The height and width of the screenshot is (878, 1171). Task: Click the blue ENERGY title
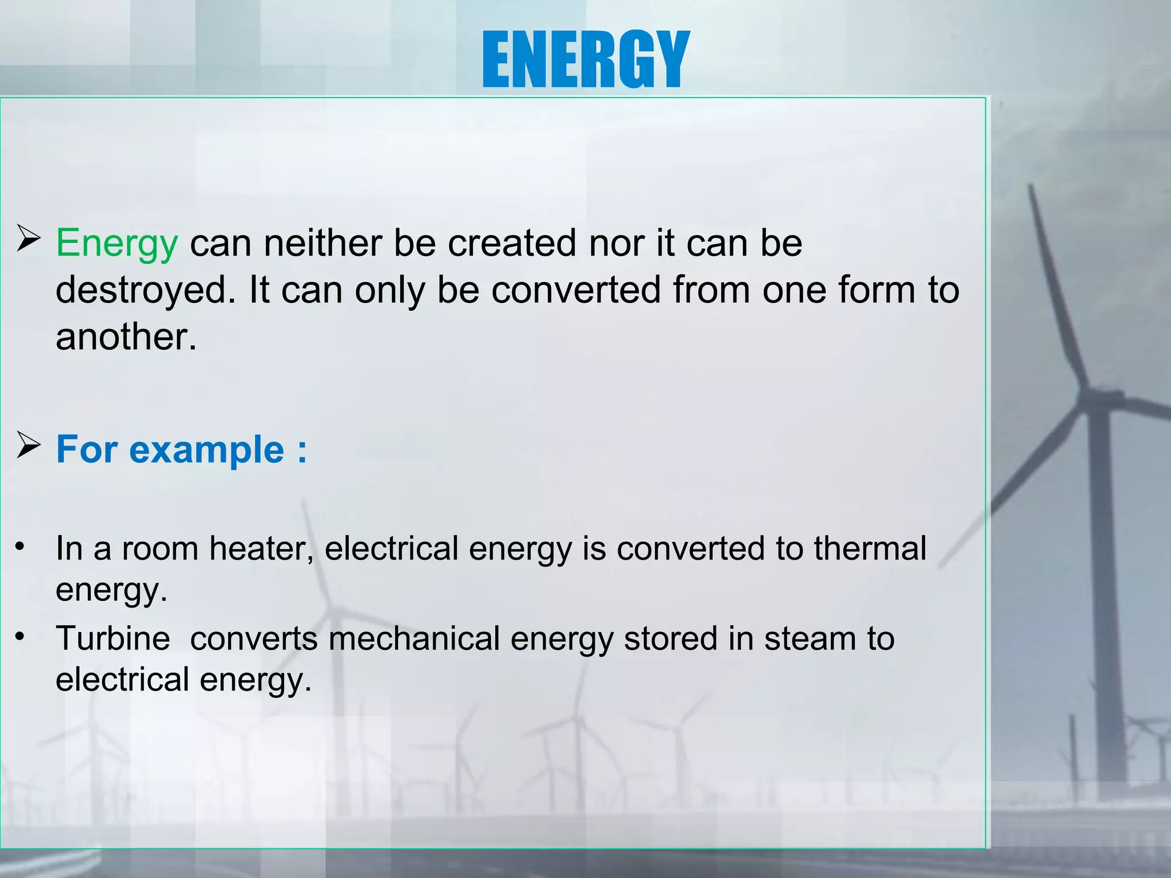pyautogui.click(x=585, y=59)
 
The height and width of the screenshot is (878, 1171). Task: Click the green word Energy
pyautogui.click(x=117, y=244)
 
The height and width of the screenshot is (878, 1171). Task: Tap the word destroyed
pyautogui.click(x=145, y=290)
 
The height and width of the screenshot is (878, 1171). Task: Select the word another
pyautogui.click(x=126, y=337)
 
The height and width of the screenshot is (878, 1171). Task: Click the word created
pyautogui.click(x=512, y=244)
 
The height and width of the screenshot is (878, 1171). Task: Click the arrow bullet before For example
pyautogui.click(x=28, y=446)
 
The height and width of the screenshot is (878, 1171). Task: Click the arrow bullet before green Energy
pyautogui.click(x=28, y=239)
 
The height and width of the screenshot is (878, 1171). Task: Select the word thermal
pyautogui.click(x=870, y=549)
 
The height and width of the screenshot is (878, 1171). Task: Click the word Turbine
pyautogui.click(x=113, y=638)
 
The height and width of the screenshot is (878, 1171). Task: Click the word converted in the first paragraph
pyautogui.click(x=576, y=290)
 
